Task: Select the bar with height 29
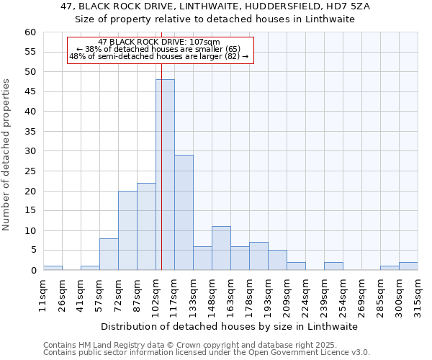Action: (184, 212)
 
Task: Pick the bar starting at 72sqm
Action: (127, 230)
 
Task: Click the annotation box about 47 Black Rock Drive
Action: (161, 50)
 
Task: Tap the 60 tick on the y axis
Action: (30, 32)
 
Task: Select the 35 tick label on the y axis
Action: (30, 132)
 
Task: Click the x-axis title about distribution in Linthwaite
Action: (230, 326)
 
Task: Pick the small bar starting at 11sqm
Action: (53, 268)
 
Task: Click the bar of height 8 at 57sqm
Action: (109, 254)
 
